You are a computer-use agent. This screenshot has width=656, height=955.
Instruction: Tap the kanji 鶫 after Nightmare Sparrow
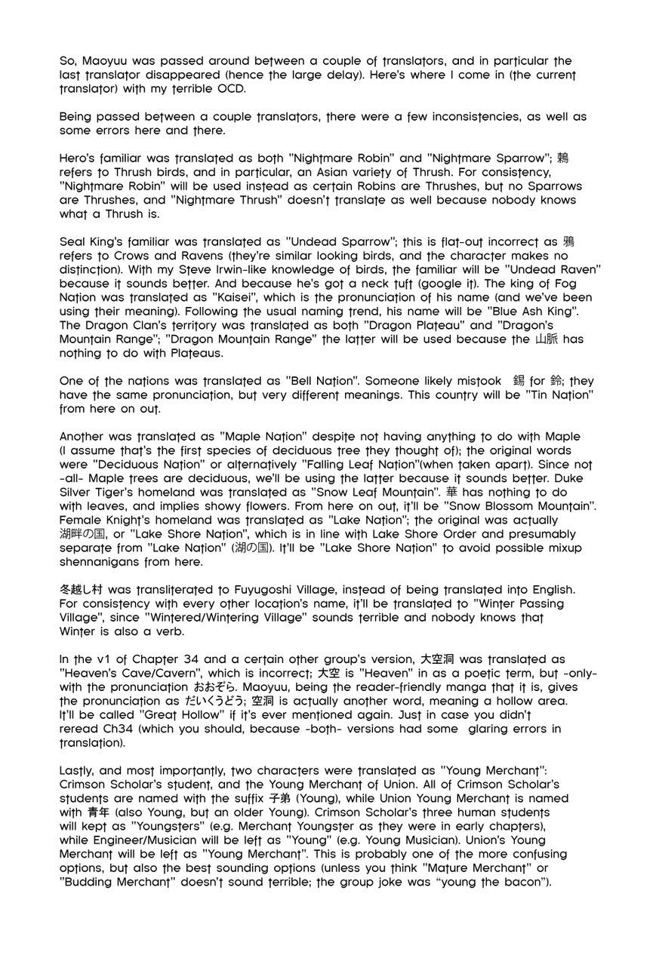coord(563,158)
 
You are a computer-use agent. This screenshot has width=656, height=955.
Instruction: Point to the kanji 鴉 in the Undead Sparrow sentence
coord(569,243)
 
